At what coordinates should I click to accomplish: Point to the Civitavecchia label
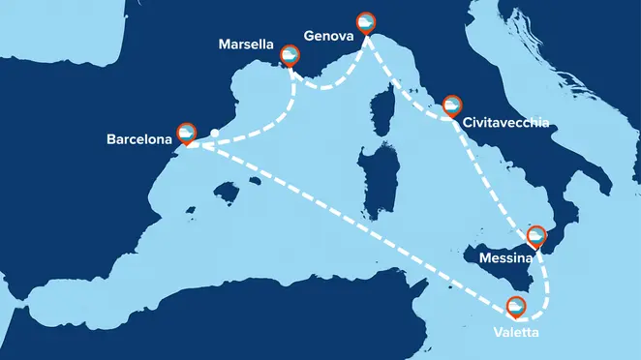coord(506,124)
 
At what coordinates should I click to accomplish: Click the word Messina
coord(504,258)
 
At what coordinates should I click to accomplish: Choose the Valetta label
coord(514,334)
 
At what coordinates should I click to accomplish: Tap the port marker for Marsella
coord(289,55)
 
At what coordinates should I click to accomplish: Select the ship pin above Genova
coord(366,21)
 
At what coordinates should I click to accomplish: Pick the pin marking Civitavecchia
coord(452,105)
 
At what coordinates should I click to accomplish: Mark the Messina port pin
coord(536,235)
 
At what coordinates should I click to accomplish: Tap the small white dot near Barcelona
coord(214,134)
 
